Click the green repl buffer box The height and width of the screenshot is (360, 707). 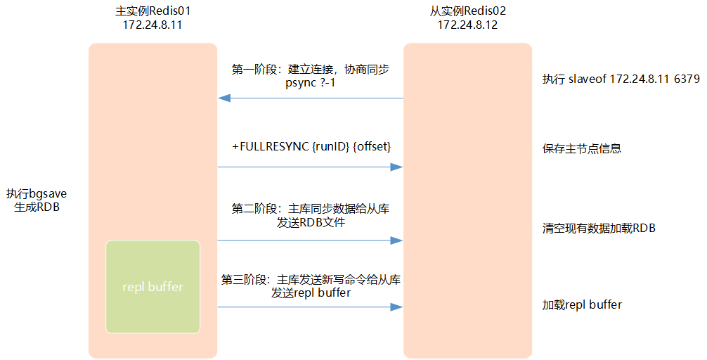tap(153, 287)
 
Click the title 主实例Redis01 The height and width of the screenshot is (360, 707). tap(153, 11)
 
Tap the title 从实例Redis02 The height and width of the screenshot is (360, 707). tap(467, 11)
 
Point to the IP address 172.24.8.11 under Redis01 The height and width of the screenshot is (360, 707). tap(153, 25)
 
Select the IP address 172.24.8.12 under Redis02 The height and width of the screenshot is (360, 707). tap(467, 25)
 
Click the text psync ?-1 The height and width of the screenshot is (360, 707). tap(310, 84)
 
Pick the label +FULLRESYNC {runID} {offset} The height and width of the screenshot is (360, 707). tap(311, 146)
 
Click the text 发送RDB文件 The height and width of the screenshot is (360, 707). tap(311, 223)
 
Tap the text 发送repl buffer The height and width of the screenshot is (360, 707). tap(311, 293)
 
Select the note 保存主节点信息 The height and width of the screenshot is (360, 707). tap(581, 149)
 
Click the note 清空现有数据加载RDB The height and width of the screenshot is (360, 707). tap(599, 229)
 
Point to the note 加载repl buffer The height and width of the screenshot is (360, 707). tap(581, 305)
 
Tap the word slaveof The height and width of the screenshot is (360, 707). tap(588, 79)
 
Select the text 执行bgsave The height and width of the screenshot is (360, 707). tap(36, 193)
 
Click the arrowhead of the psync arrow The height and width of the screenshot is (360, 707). tap(222, 98)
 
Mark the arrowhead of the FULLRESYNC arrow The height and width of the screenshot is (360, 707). tap(398, 167)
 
